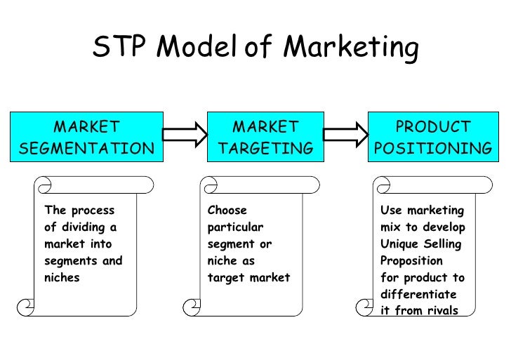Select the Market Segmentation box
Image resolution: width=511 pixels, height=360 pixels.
coord(86,138)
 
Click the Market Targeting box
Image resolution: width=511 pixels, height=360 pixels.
coord(265,138)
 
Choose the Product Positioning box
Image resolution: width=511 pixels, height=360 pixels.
coord(432,138)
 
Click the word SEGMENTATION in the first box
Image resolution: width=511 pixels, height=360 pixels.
coord(86,149)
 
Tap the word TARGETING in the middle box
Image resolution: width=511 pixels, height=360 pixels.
coord(265,149)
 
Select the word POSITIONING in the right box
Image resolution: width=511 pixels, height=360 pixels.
coord(432,149)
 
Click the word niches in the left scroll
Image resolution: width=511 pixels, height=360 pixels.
coord(62,277)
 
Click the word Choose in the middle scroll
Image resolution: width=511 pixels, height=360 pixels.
coord(227,210)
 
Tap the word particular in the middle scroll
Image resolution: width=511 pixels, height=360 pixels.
coord(234,227)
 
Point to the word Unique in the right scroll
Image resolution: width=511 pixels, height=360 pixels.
coord(399,244)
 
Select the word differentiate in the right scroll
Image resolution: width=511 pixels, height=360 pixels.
coord(418,294)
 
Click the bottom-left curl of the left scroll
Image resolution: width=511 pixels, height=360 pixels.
coord(26,306)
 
